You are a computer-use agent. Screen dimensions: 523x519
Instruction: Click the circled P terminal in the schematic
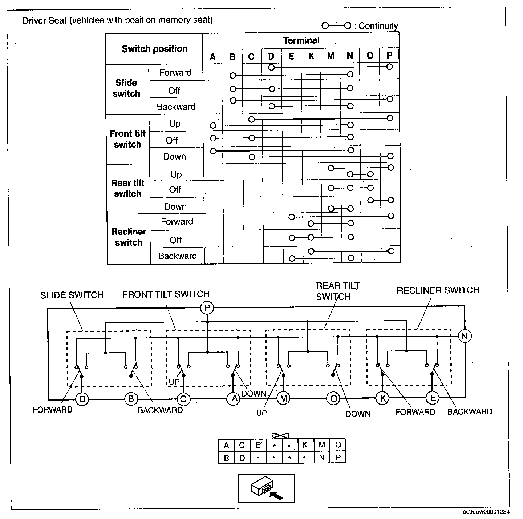(207, 309)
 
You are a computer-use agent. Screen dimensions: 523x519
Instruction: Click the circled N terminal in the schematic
(465, 336)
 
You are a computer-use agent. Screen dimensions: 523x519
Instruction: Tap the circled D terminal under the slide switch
(82, 399)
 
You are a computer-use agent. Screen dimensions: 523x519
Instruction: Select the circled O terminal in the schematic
(333, 399)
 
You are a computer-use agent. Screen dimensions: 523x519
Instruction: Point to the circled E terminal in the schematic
(433, 398)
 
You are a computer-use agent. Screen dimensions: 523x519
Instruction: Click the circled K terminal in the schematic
(382, 398)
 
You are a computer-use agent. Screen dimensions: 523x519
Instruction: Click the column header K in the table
(311, 56)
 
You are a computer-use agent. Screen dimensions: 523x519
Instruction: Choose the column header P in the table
(389, 56)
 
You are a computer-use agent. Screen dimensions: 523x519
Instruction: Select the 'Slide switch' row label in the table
(126, 88)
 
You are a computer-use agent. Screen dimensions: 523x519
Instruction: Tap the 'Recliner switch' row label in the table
(129, 237)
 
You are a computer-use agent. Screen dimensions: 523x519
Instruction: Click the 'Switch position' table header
(154, 49)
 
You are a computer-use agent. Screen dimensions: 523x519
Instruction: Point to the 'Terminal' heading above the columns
(301, 40)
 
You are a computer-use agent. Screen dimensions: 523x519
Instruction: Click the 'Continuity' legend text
(378, 26)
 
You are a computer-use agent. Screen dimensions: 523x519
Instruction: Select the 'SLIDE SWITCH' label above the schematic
(72, 295)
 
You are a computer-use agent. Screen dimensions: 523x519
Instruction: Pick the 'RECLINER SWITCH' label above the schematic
(438, 290)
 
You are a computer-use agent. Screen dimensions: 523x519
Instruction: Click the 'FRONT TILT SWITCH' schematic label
(166, 294)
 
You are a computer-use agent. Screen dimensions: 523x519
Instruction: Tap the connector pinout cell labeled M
(321, 445)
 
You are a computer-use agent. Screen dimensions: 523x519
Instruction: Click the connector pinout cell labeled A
(226, 446)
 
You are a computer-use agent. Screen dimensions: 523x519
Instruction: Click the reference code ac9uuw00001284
(486, 512)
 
